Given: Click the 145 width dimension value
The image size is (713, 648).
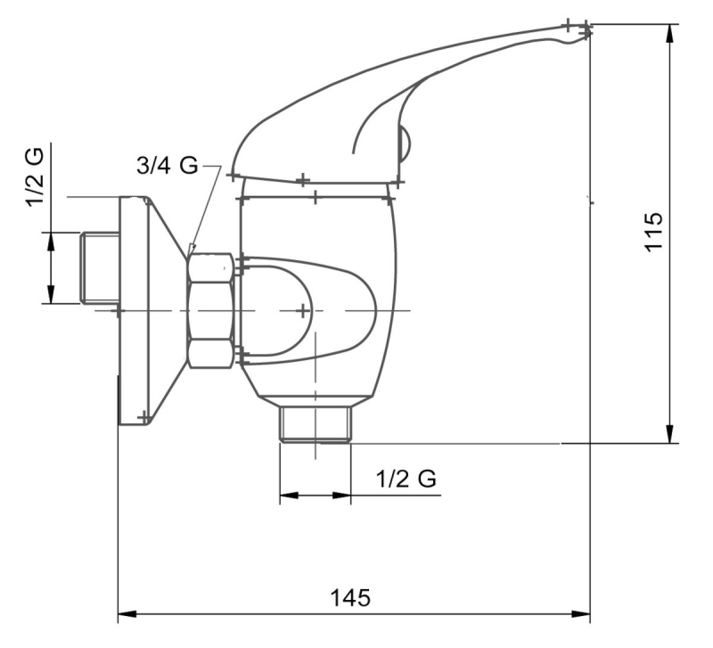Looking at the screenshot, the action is pos(350,597).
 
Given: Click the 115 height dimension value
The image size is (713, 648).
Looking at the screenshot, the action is pos(654,232).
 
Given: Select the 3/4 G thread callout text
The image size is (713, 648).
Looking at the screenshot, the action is pos(168,166).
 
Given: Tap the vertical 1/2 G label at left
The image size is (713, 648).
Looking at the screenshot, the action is pos(36,177).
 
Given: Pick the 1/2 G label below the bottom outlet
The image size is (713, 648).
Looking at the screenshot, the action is pos(406,479).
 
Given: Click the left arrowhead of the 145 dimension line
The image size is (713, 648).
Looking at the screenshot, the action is pos(127,614).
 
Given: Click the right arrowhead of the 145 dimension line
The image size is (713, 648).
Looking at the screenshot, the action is pos(581,614).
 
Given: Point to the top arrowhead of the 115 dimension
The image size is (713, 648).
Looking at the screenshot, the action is pos(670,33).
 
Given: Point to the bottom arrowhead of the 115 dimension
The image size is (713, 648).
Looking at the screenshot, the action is pos(670,433).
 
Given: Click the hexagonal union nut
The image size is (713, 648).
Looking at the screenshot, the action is pos(211,310).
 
